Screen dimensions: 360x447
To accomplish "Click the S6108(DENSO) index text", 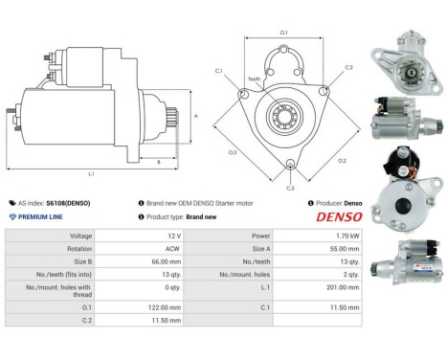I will [x=69, y=203].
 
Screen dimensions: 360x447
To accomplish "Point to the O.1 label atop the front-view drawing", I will [x=283, y=34].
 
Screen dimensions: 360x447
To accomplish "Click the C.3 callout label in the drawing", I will [x=291, y=188].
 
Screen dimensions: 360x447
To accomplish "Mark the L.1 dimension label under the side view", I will [x=91, y=174].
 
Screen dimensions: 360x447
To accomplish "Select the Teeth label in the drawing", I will [x=254, y=79].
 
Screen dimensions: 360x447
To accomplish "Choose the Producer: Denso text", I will [x=335, y=203].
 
